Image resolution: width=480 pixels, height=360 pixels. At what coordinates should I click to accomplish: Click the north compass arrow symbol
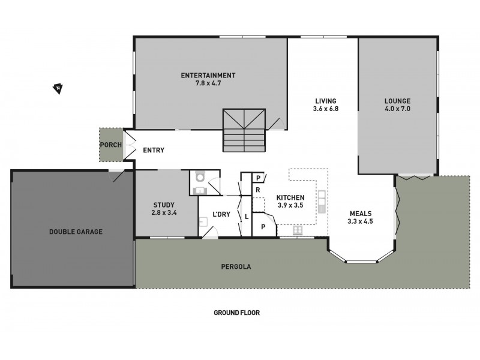58,89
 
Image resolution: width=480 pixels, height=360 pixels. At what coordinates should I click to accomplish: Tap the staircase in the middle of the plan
244,130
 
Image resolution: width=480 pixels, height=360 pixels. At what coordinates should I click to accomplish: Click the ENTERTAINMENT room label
208,75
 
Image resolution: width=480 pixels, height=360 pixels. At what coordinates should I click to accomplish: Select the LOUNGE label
398,100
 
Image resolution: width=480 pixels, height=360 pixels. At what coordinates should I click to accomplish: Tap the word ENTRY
154,150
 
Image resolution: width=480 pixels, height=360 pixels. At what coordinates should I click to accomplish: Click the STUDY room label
164,204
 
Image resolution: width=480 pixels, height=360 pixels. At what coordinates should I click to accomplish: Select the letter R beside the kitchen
257,189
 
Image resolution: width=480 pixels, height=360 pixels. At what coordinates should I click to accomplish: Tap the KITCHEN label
290,197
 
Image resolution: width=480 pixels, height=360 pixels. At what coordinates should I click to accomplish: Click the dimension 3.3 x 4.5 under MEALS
360,221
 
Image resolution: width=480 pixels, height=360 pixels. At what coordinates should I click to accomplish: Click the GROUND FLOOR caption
236,313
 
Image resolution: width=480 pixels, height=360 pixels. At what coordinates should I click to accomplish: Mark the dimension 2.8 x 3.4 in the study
164,212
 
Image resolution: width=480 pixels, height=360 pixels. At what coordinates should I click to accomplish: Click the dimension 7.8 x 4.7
208,83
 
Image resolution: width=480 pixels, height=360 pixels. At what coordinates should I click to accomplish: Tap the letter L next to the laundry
247,215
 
